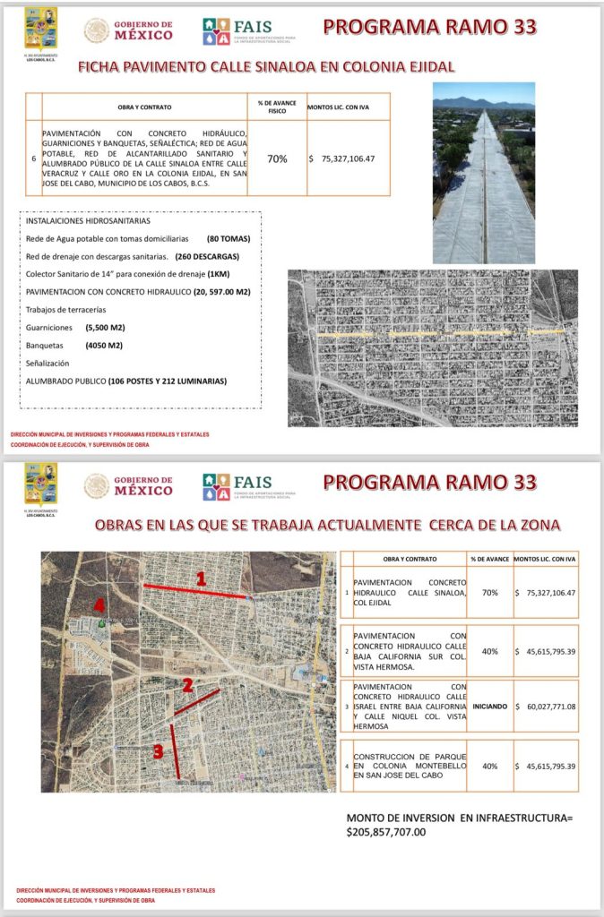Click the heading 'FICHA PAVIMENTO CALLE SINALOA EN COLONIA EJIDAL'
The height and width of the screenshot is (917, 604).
(x=266, y=65)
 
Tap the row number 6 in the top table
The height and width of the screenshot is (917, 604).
(x=33, y=159)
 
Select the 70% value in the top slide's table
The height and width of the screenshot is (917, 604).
(x=277, y=159)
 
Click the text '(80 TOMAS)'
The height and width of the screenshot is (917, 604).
(x=228, y=239)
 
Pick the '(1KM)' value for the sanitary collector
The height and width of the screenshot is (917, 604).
(x=219, y=273)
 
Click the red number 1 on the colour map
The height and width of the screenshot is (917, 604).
(x=201, y=579)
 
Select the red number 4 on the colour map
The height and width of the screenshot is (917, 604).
(x=99, y=605)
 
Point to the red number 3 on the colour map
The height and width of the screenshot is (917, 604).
(x=159, y=751)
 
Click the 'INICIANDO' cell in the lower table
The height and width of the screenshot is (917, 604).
(x=490, y=707)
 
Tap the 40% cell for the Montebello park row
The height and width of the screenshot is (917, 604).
(x=490, y=766)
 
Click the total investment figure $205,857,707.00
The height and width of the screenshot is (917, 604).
(x=386, y=832)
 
